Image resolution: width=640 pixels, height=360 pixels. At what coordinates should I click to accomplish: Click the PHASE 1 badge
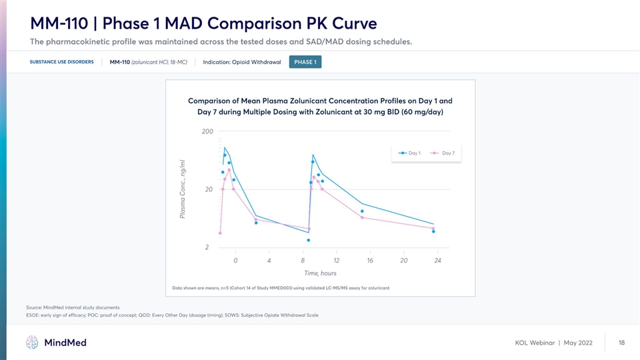pos(305,62)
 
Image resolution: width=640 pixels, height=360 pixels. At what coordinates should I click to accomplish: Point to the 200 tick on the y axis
pos(207,132)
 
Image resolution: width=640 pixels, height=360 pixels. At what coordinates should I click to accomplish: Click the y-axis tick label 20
pos(209,189)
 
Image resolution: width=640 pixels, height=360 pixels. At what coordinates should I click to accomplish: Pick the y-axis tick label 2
pos(207,247)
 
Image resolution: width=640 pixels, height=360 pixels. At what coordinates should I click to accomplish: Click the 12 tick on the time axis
pos(336,260)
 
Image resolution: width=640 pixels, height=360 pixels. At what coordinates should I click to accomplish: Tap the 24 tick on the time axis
pos(437,260)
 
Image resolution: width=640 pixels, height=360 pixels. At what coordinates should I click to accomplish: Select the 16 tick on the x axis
pos(370,260)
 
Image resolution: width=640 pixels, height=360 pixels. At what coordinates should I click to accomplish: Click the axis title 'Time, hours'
pos(320,273)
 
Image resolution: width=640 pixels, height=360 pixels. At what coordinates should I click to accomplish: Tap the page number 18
pos(621,343)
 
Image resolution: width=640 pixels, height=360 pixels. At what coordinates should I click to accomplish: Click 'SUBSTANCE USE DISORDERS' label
pos(61,62)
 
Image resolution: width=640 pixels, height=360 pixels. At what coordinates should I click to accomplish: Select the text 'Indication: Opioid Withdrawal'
pos(241,62)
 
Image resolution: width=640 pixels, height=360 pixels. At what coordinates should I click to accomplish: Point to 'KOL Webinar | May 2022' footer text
pos(553,343)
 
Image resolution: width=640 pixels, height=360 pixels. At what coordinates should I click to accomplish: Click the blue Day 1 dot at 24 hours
pos(433,231)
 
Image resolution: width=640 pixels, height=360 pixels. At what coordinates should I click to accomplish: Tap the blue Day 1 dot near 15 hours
pos(362,211)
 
